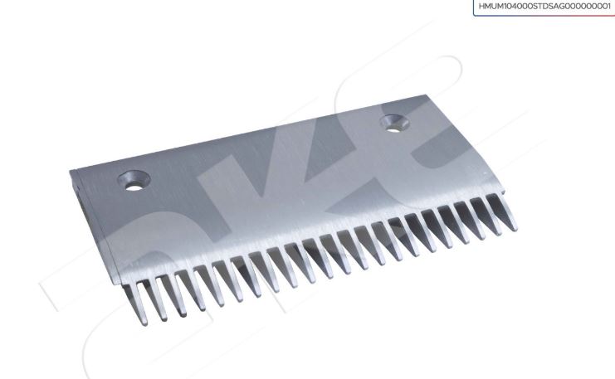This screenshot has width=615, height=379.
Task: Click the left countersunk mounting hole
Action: (134, 181)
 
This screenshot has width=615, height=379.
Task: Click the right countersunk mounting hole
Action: (395, 124)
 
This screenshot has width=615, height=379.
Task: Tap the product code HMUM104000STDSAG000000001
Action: (544, 7)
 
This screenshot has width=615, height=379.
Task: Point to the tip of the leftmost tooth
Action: (144, 323)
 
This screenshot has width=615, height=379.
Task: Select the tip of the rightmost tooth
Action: (515, 229)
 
